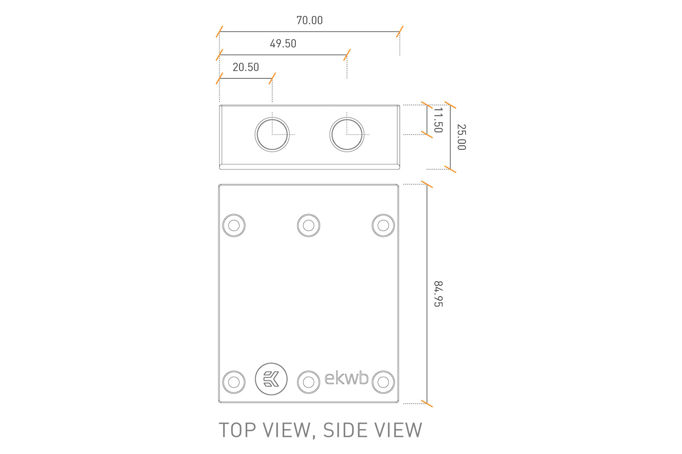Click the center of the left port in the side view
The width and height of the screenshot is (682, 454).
click(x=272, y=134)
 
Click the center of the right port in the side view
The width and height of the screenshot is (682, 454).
click(x=347, y=134)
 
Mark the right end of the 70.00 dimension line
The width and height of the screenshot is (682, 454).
click(x=400, y=32)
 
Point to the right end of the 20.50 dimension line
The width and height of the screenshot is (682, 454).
click(x=272, y=78)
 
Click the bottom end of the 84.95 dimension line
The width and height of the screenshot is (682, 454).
click(x=427, y=403)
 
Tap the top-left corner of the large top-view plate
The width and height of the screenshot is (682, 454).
click(x=219, y=184)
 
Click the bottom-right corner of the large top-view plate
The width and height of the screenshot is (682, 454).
click(x=399, y=402)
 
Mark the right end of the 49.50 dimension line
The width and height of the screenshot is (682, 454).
click(x=347, y=55)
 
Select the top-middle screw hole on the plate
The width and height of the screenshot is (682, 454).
click(x=309, y=225)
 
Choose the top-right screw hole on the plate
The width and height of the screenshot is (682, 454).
click(x=383, y=225)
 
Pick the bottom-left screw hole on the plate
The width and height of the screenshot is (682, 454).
click(x=234, y=382)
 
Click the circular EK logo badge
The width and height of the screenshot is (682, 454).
click(x=271, y=379)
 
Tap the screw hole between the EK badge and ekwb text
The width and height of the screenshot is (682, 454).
click(x=309, y=382)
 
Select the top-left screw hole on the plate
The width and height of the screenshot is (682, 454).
click(x=234, y=225)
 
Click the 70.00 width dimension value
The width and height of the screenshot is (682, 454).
click(x=309, y=20)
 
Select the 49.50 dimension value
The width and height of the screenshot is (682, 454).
click(x=283, y=43)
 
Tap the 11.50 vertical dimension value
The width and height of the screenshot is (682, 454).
click(x=438, y=120)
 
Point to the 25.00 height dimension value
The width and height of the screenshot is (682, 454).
click(x=462, y=137)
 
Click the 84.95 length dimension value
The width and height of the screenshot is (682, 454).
click(x=438, y=294)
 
